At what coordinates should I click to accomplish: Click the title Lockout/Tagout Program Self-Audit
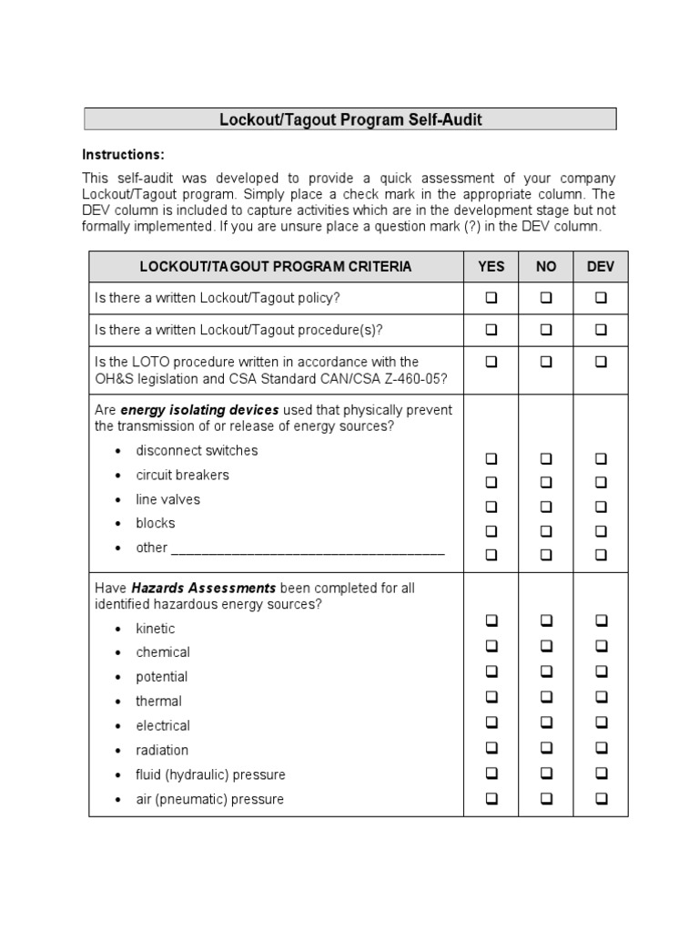tap(350, 119)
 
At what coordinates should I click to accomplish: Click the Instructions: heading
tap(124, 154)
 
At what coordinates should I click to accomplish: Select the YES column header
tap(491, 267)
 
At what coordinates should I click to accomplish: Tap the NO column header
tap(546, 267)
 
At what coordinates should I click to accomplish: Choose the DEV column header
tap(601, 267)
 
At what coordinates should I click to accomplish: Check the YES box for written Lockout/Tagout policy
tap(491, 298)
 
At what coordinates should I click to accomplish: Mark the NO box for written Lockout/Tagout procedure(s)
tap(546, 330)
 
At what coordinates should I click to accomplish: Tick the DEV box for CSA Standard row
tap(601, 362)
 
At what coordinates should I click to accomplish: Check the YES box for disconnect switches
tap(491, 458)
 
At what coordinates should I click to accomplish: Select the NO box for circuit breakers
tap(546, 482)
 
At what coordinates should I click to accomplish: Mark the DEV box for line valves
tap(601, 507)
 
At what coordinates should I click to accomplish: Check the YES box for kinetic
tap(491, 621)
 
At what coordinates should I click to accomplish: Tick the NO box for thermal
tap(546, 697)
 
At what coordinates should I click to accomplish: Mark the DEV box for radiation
tap(601, 748)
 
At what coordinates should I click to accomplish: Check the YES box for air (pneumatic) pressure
tap(491, 799)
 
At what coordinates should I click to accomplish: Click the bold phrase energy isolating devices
tap(199, 410)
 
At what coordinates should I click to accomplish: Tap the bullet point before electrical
tap(118, 727)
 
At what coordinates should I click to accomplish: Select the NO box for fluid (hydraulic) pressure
tap(546, 774)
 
